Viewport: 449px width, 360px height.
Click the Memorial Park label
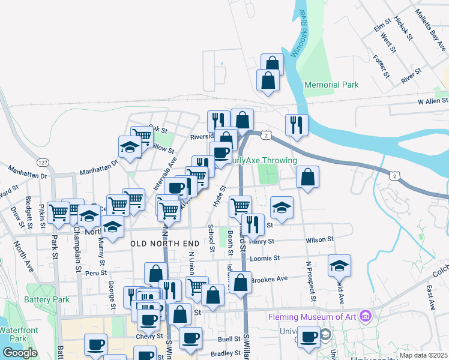[x=331, y=85]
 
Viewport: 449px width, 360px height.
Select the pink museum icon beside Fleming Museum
[x=364, y=316]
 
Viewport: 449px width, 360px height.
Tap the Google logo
[x=20, y=353]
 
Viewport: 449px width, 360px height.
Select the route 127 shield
[x=42, y=163]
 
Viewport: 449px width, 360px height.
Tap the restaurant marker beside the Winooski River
[x=297, y=125]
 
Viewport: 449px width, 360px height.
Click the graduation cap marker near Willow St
[x=130, y=147]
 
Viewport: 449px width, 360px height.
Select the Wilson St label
[x=319, y=239]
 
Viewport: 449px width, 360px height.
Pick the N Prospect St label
[x=310, y=281]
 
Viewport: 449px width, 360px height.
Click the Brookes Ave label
[x=269, y=279]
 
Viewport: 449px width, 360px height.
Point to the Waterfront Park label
[x=13, y=334]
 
